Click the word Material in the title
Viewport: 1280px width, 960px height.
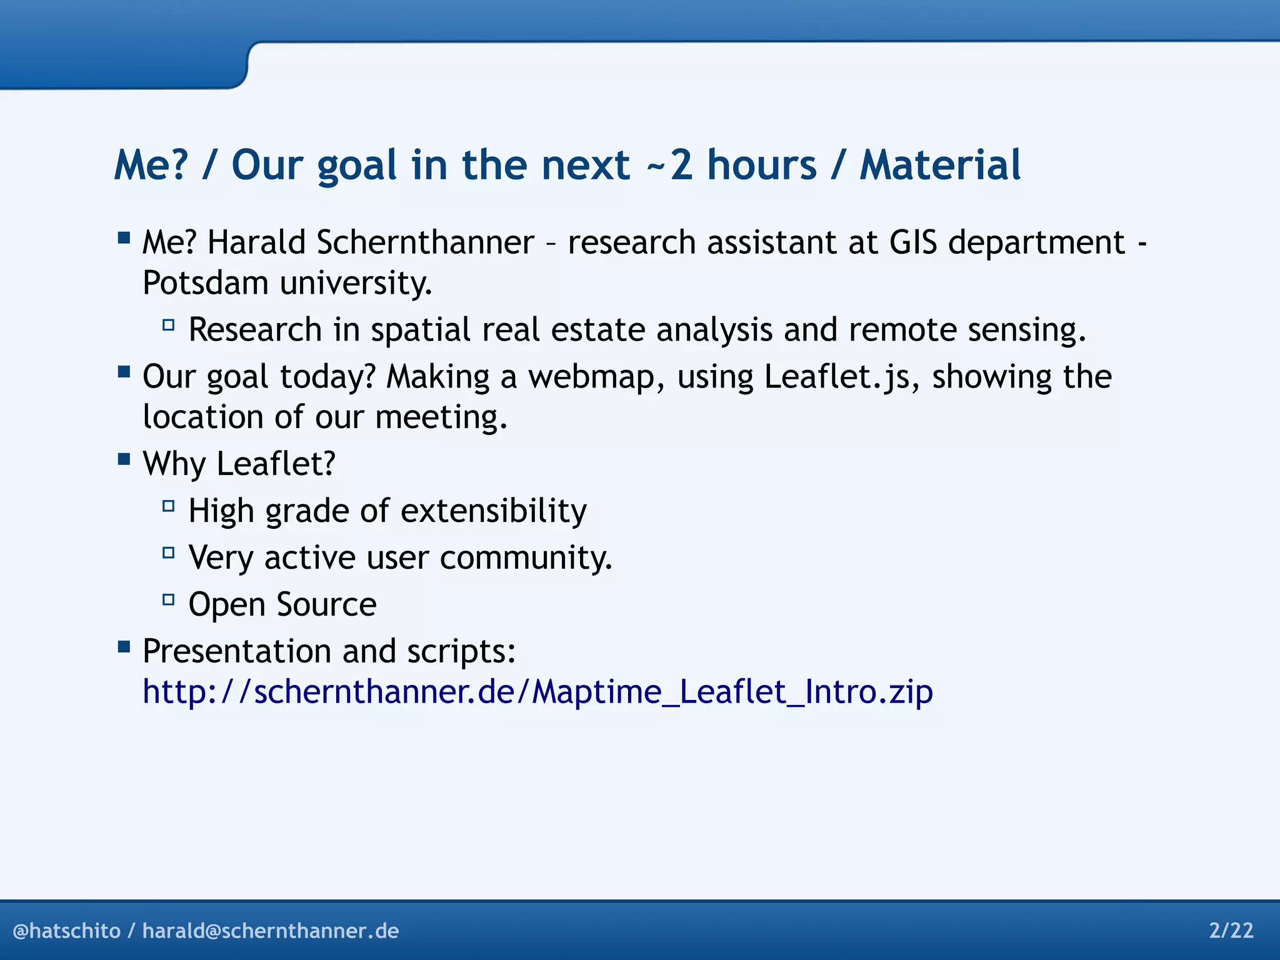coord(940,165)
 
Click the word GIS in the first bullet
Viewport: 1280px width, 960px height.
coord(913,242)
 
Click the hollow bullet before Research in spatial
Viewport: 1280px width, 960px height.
coord(168,325)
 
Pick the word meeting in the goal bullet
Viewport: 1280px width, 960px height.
coord(441,417)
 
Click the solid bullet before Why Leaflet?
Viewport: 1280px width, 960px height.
coord(124,459)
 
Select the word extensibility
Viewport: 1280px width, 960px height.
coord(493,511)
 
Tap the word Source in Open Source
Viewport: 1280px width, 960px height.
coord(326,604)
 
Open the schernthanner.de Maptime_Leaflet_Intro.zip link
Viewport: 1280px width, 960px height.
coord(537,692)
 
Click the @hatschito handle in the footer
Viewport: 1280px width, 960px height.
coord(66,931)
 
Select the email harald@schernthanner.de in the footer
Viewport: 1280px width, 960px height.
coord(271,931)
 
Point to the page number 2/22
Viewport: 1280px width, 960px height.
coord(1231,931)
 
